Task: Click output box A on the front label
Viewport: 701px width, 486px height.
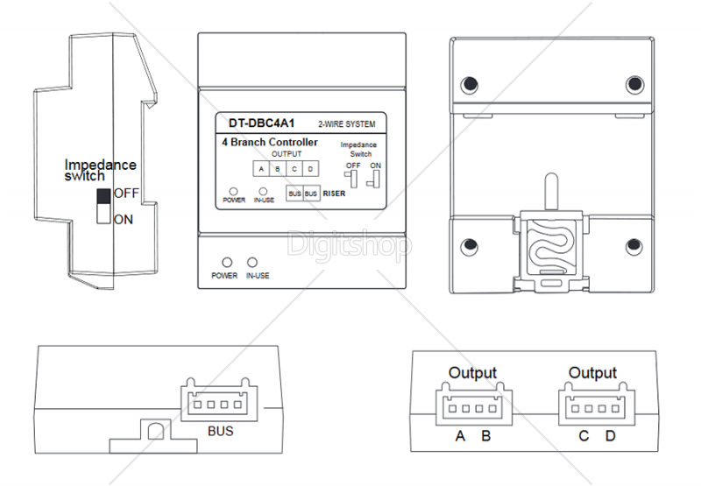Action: point(260,168)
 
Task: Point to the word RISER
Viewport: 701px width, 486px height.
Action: point(333,194)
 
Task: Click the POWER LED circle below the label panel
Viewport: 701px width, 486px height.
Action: point(226,262)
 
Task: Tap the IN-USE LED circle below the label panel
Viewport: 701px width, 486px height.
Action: point(253,262)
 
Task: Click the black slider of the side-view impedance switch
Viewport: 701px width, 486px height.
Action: point(103,195)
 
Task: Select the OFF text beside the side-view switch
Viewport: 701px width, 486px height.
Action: point(126,193)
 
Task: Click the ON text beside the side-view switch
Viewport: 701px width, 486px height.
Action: point(124,219)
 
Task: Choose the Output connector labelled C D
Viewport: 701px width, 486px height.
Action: point(592,405)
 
